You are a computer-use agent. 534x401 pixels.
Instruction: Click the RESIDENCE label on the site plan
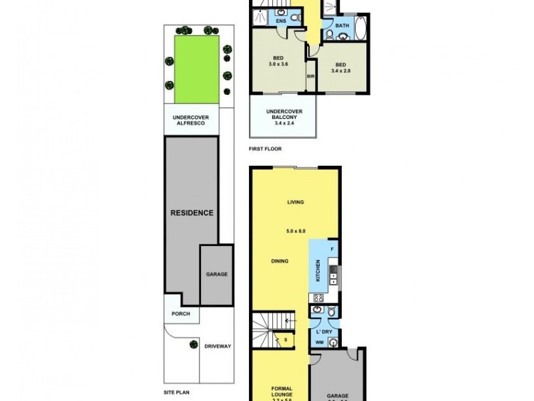191,213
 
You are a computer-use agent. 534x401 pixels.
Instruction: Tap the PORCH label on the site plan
181,313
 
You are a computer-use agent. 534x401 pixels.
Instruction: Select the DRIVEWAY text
217,346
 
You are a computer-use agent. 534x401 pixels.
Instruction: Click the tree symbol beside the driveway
194,345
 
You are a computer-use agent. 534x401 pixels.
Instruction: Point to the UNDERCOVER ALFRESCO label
191,120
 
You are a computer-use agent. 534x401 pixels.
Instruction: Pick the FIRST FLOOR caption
266,148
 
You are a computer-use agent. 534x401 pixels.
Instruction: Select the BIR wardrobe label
310,77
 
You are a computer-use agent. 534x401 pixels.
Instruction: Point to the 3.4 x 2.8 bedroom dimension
341,70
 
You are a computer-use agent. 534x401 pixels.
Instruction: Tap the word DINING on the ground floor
280,261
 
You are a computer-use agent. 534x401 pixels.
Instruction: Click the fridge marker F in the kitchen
332,249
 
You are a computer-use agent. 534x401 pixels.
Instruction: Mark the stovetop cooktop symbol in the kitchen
318,297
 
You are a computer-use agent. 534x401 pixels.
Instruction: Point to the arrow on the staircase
287,323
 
